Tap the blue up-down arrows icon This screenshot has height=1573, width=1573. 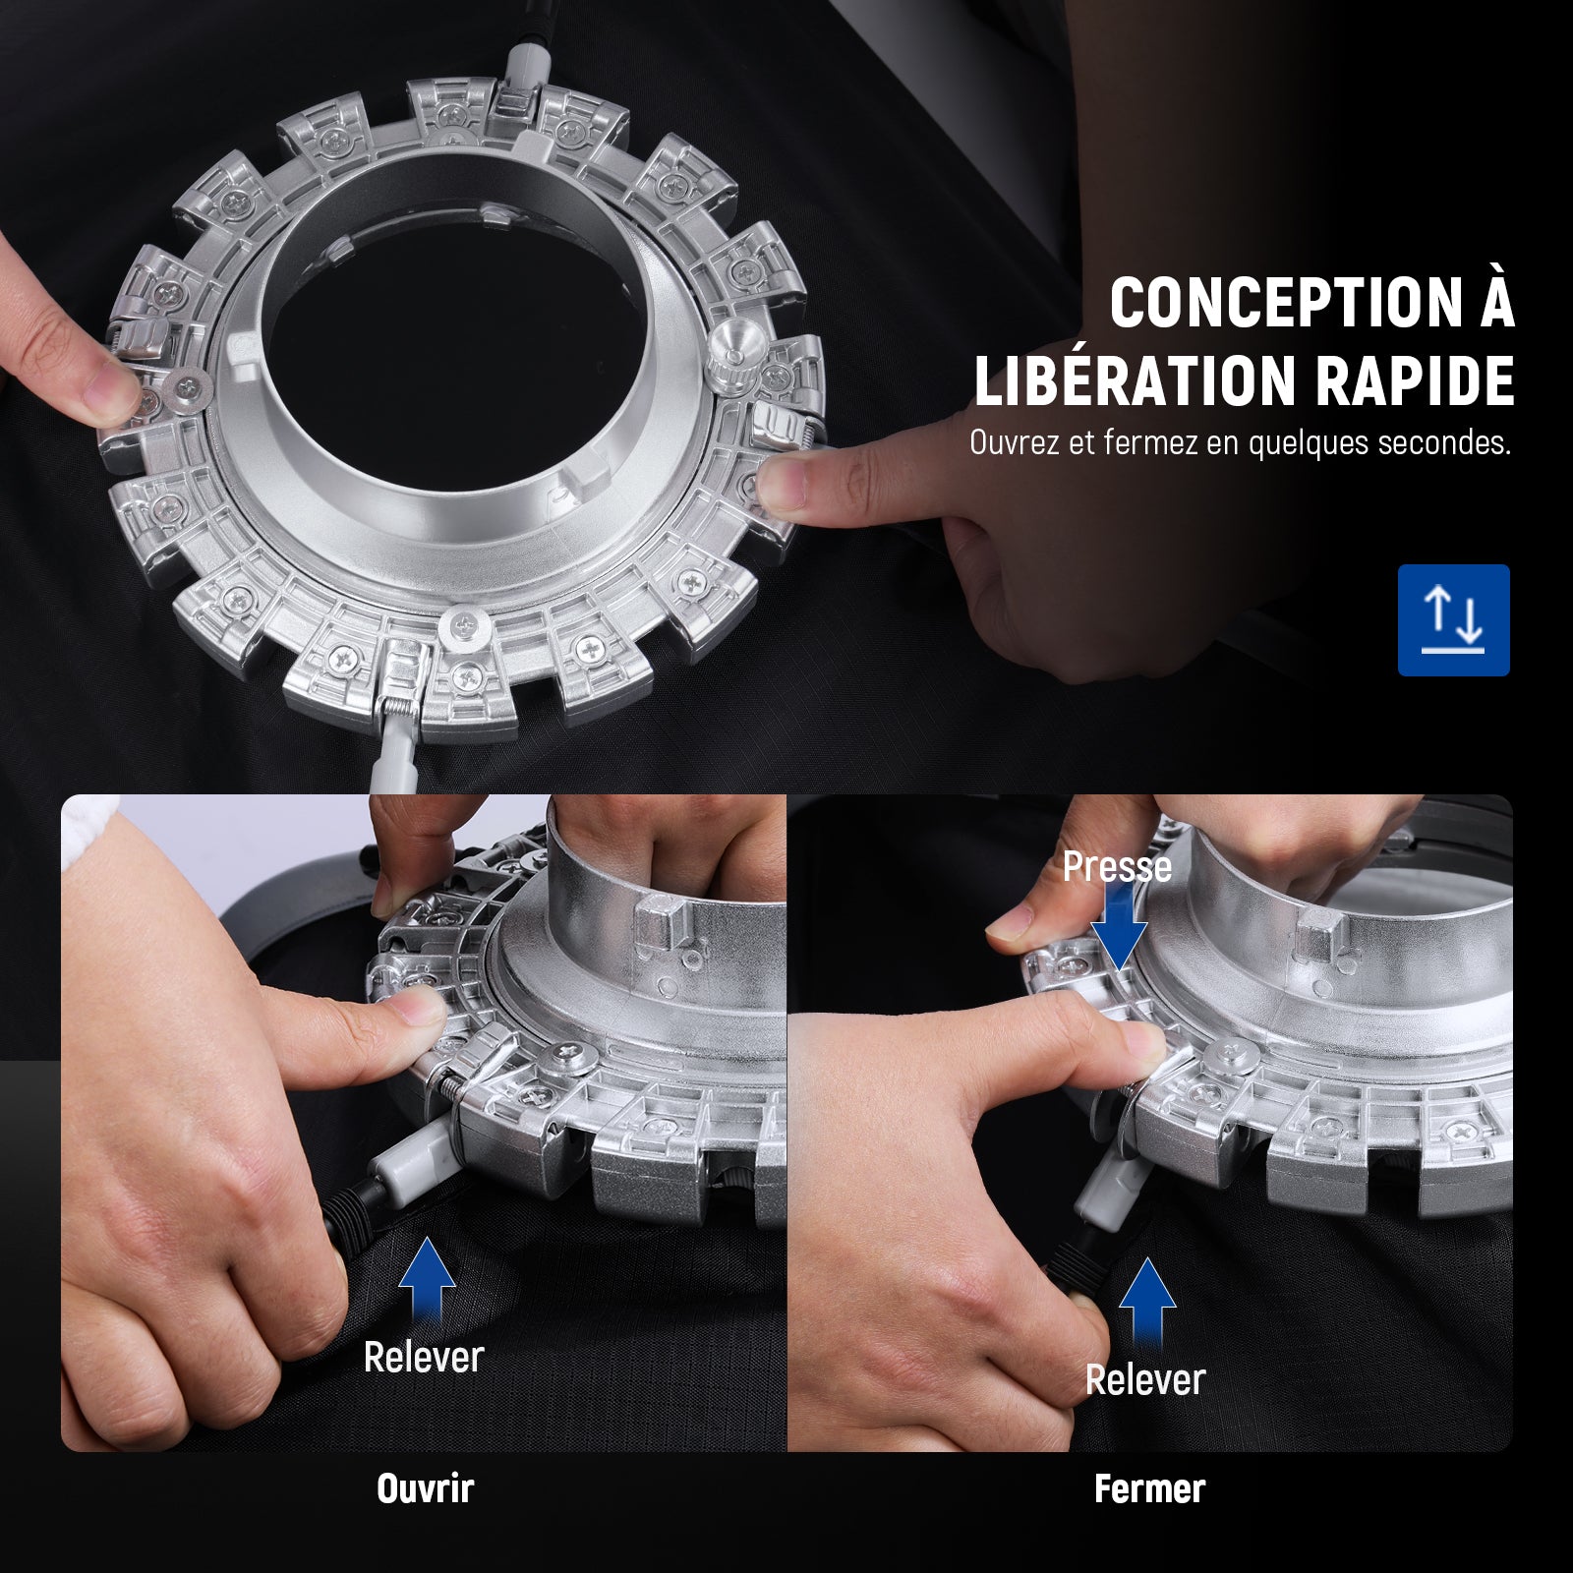pos(1453,620)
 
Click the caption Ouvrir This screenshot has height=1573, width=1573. pos(425,1488)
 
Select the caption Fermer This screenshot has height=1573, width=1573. pos(1149,1488)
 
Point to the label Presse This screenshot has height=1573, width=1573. pos(1117,867)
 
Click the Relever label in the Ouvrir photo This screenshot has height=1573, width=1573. pos(424,1358)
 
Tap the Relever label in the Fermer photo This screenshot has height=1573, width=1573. pos(1145,1380)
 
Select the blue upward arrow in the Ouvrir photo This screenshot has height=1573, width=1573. pos(426,1283)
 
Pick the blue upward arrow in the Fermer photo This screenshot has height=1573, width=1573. pos(1147,1306)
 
